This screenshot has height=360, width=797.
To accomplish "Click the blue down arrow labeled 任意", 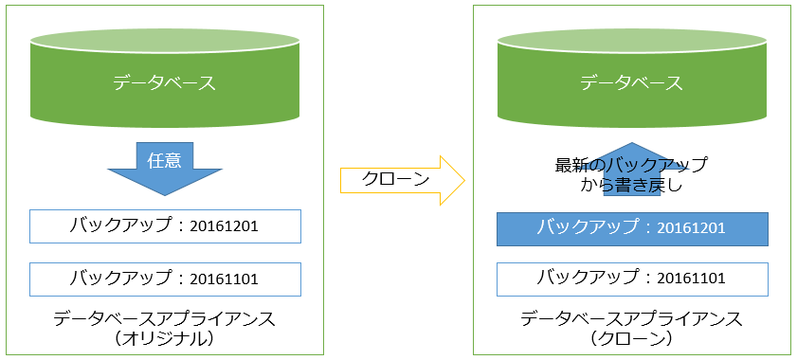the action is click(x=165, y=171).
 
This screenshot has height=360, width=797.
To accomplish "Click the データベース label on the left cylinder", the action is click(x=165, y=82).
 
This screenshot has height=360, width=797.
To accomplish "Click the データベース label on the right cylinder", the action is click(x=632, y=82).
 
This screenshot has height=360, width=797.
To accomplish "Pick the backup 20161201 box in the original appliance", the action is click(x=165, y=226).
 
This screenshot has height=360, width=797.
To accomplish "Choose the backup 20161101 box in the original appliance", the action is click(x=165, y=279).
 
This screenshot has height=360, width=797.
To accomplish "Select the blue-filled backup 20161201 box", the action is click(x=632, y=228).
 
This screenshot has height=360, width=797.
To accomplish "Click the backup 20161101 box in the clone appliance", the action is click(x=632, y=279).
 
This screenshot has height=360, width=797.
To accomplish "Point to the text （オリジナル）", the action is click(x=165, y=337).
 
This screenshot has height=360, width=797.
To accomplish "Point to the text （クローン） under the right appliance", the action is click(x=631, y=337).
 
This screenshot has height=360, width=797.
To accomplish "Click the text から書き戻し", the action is click(x=631, y=187).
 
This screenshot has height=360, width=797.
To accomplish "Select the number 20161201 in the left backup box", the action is click(x=224, y=227).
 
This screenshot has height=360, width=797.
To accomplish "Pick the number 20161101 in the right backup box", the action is click(x=691, y=279).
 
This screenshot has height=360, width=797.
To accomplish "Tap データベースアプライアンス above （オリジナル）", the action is click(x=165, y=317).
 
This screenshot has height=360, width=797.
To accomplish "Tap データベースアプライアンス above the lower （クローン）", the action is click(x=631, y=317).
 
